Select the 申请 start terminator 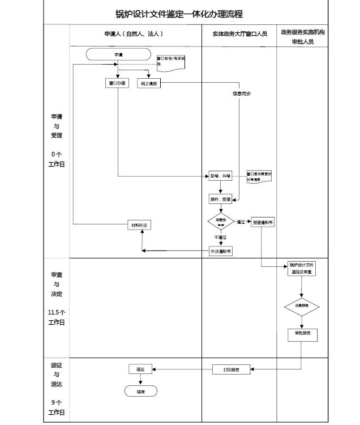pyautogui.click(x=118, y=55)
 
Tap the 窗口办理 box pyautogui.click(x=118, y=83)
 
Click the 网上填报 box pyautogui.click(x=149, y=83)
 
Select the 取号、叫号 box pyautogui.click(x=220, y=176)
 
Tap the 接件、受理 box pyautogui.click(x=220, y=199)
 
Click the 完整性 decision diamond pyautogui.click(x=221, y=221)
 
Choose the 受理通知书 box pyautogui.click(x=263, y=223)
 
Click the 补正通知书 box pyautogui.click(x=221, y=250)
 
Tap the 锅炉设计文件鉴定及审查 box pyautogui.click(x=301, y=269)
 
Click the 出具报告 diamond pyautogui.click(x=302, y=307)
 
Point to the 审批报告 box pyautogui.click(x=302, y=334)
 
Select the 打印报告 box pyautogui.click(x=231, y=369)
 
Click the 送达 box pyautogui.click(x=140, y=369)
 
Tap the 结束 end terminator pyautogui.click(x=140, y=392)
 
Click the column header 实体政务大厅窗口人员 pyautogui.click(x=240, y=34)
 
